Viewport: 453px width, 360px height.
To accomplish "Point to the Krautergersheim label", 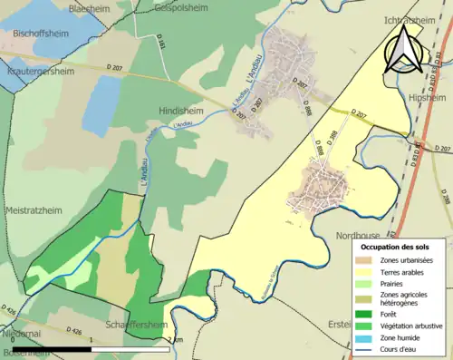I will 41,70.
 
